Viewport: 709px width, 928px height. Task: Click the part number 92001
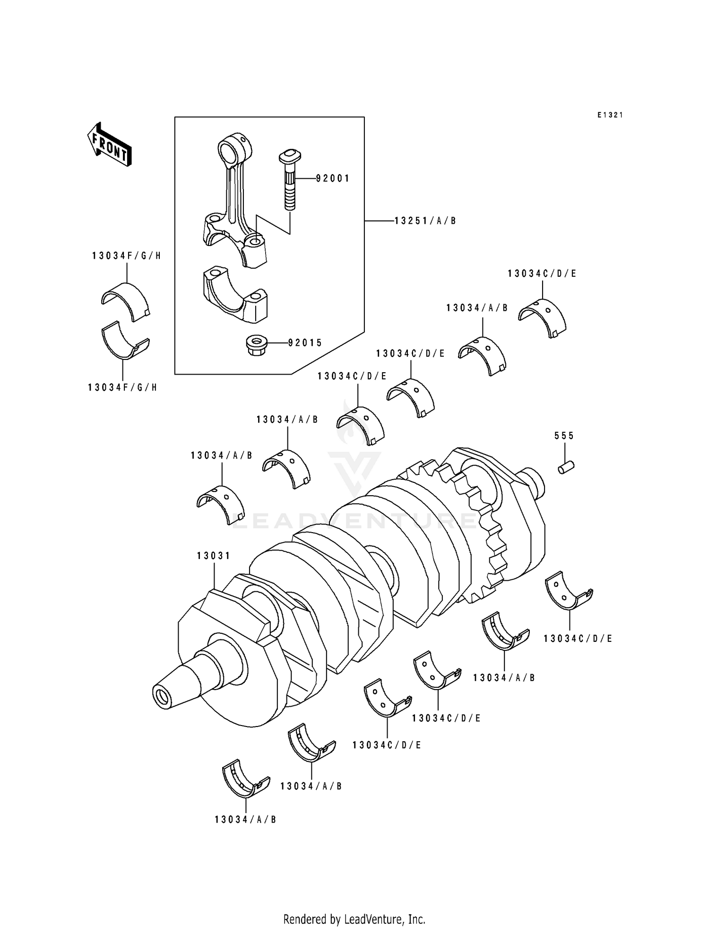[333, 178]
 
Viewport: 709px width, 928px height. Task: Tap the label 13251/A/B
[425, 221]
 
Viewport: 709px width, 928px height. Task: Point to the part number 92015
[305, 343]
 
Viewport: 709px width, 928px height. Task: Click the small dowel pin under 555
[565, 467]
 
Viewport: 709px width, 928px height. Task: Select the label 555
[564, 436]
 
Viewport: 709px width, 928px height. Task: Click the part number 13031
[214, 556]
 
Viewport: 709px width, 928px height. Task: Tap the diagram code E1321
[610, 115]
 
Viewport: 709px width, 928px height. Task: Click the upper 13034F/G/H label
[126, 256]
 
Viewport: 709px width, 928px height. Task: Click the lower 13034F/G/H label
[122, 388]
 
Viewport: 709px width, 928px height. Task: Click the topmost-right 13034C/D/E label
[542, 274]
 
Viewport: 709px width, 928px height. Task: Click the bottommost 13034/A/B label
[245, 820]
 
